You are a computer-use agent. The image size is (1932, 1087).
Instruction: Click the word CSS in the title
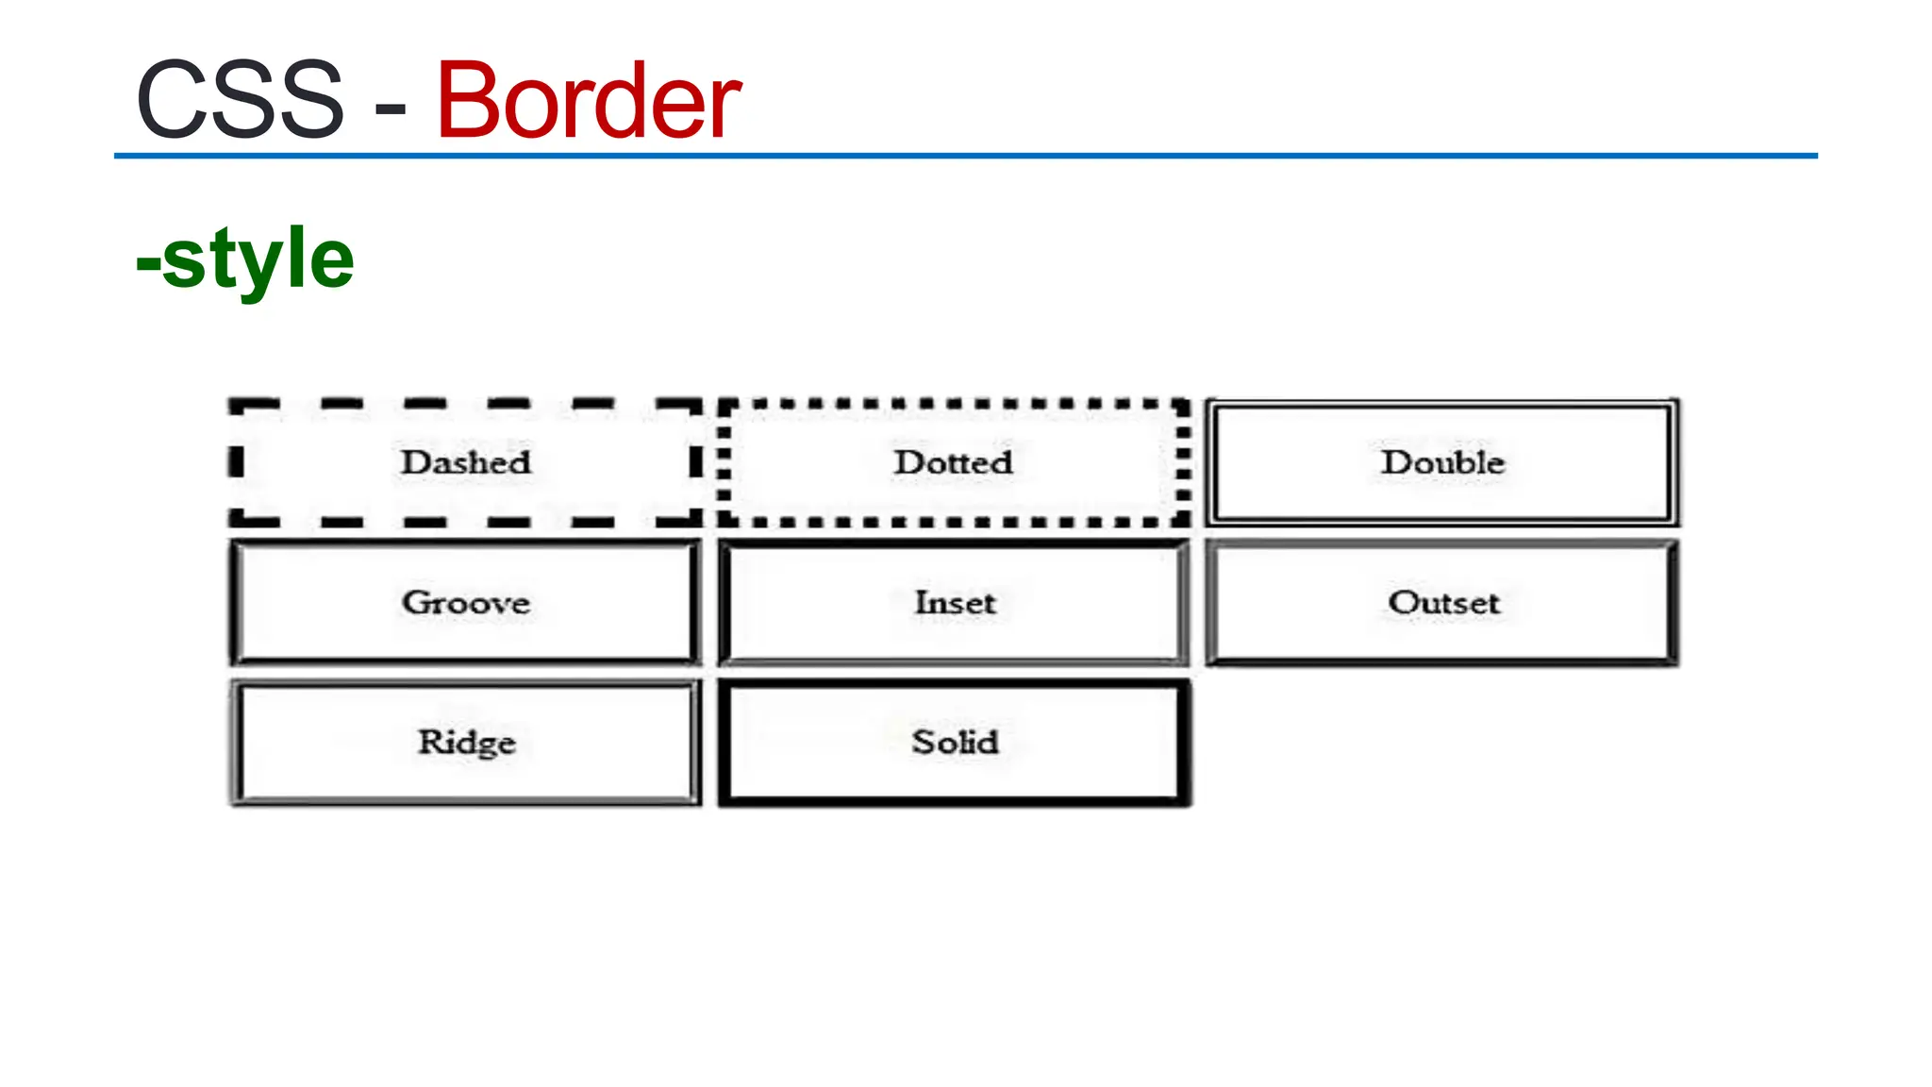[241, 100]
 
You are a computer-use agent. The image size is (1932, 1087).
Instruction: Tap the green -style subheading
[245, 259]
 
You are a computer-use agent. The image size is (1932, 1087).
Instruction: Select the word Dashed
[466, 462]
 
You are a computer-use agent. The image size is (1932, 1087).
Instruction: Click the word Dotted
[954, 462]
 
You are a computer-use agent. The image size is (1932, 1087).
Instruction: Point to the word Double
[1442, 462]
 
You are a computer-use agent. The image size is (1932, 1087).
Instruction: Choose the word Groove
[466, 602]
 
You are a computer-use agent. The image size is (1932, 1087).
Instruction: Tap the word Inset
[955, 602]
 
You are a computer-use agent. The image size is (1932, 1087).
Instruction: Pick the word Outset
[1443, 602]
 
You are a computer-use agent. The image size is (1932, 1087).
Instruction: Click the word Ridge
[466, 742]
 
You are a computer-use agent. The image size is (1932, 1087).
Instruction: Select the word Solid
[955, 742]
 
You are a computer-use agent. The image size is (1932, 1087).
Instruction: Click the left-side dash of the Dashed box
[237, 462]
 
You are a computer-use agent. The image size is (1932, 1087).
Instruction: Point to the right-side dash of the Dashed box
[695, 462]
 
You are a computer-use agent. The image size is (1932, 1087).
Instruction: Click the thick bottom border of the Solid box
[955, 800]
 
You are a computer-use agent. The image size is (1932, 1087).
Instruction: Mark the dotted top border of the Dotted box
[954, 404]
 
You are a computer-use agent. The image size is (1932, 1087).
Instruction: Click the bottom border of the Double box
[1442, 520]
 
